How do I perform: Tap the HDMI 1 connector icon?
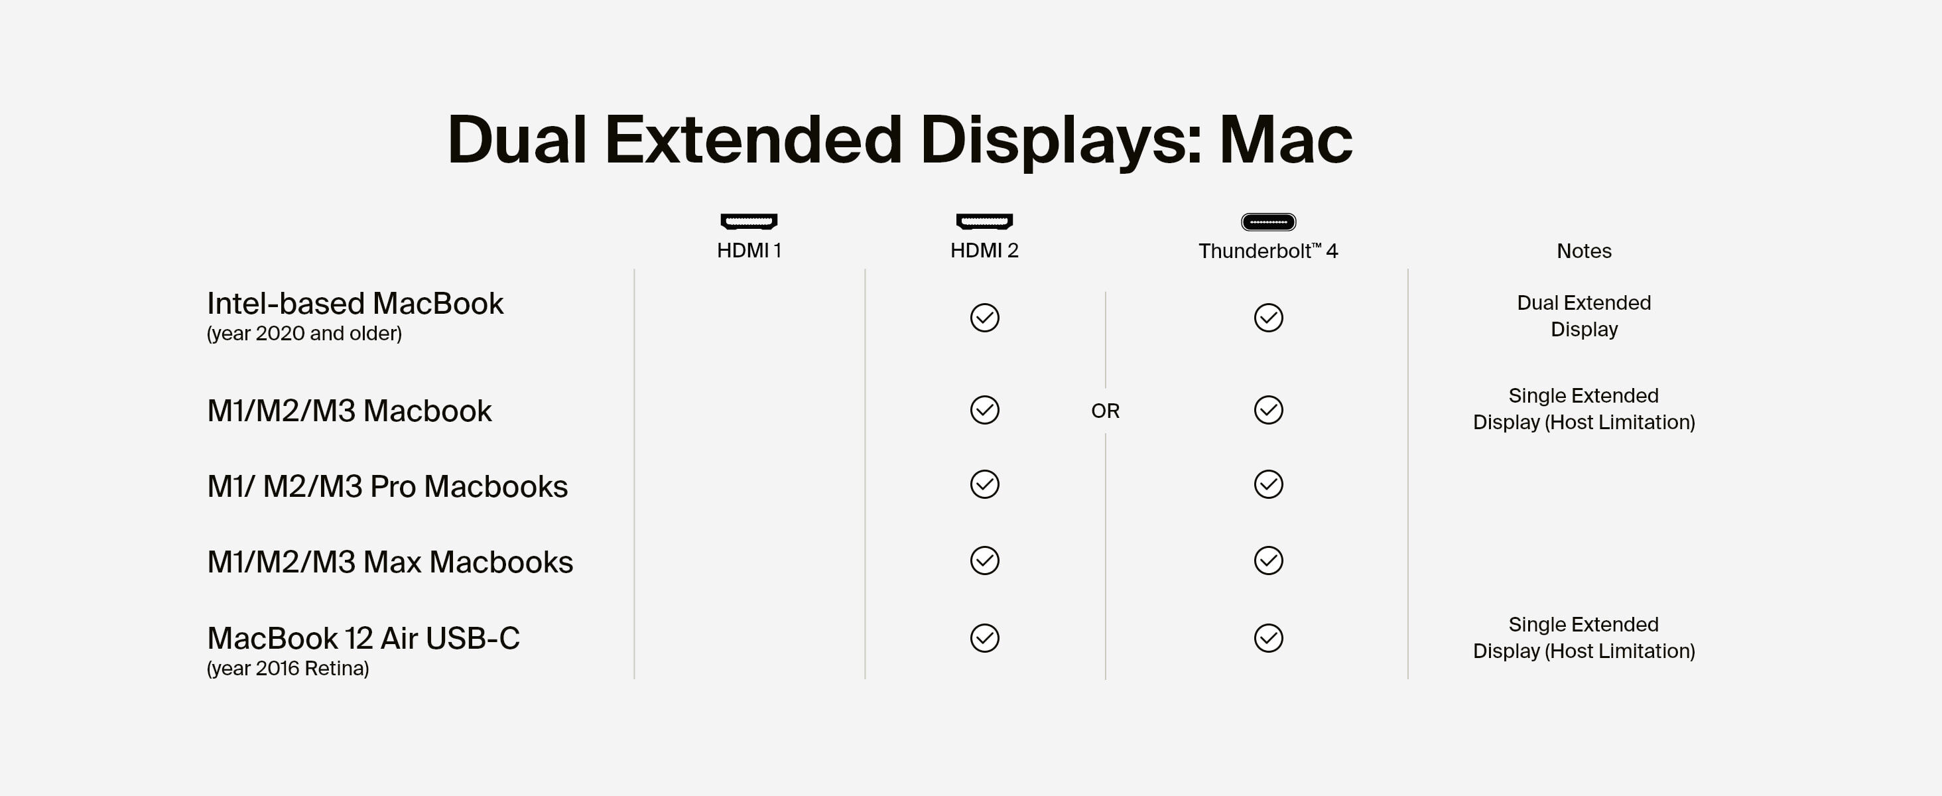[749, 221]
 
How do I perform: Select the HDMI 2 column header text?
[984, 250]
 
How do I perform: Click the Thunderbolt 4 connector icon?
[1268, 222]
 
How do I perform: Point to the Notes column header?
[1584, 251]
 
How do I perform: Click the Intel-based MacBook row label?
[355, 304]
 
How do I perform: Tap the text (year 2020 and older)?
[304, 333]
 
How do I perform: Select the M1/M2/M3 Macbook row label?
[349, 411]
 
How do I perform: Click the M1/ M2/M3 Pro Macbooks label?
[387, 486]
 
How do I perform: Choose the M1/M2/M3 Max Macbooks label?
[391, 563]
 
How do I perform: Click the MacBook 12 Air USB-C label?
[363, 638]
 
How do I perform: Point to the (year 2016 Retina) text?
[288, 669]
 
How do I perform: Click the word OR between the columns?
[1105, 411]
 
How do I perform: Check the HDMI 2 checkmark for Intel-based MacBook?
[984, 317]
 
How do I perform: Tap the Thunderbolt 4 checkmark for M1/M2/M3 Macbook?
[1268, 410]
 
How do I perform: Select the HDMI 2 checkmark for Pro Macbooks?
[984, 485]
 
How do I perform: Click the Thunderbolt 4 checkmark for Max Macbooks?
[1268, 561]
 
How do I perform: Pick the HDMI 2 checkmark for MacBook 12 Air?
[984, 637]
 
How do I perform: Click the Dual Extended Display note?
[1584, 316]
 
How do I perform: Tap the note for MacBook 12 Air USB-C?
[1584, 637]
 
